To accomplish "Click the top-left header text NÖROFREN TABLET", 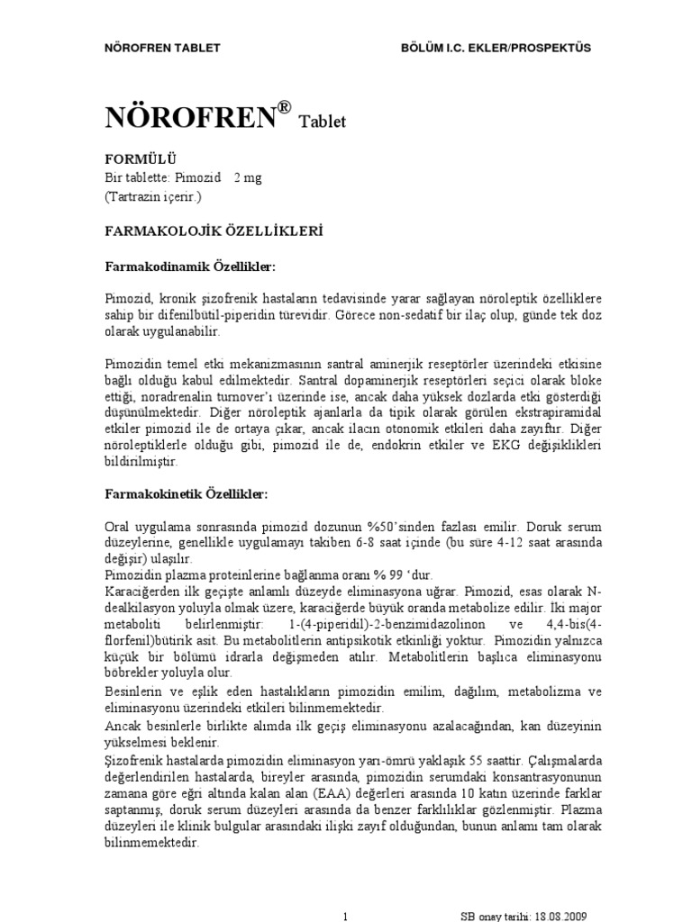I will tap(163, 48).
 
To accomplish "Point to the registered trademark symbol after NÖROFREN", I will tap(285, 107).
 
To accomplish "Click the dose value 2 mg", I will tap(248, 177).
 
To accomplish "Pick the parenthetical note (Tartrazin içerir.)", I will tap(155, 195).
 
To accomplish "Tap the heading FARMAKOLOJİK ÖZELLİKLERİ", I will tap(214, 231).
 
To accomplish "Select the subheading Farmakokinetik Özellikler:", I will tap(187, 494).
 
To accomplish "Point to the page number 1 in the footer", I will tap(346, 916).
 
